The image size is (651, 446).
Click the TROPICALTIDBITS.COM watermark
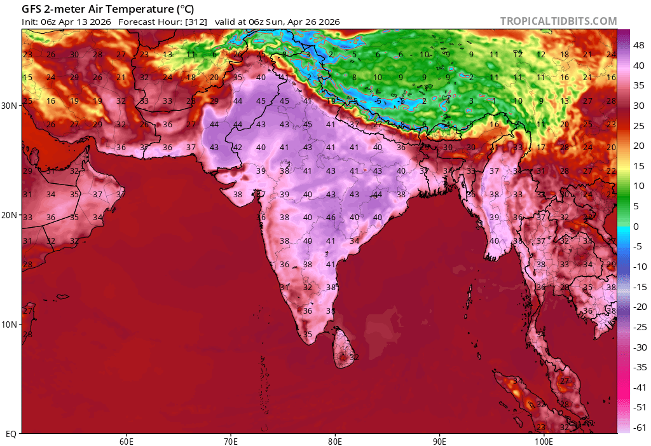(558, 21)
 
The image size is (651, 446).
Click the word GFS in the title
(32, 9)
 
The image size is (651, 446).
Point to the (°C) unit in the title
(184, 9)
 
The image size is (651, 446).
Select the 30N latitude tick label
(10, 106)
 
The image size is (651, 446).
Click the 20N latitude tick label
(10, 215)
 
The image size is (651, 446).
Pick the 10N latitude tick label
(10, 324)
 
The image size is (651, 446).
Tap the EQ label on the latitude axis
(11, 434)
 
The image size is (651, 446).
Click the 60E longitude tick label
(126, 440)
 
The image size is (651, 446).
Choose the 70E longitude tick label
(231, 440)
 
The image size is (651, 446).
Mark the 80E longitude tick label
(335, 440)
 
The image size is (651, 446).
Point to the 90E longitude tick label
(439, 440)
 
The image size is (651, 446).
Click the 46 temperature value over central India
(331, 218)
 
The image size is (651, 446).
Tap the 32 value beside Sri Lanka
(354, 358)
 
